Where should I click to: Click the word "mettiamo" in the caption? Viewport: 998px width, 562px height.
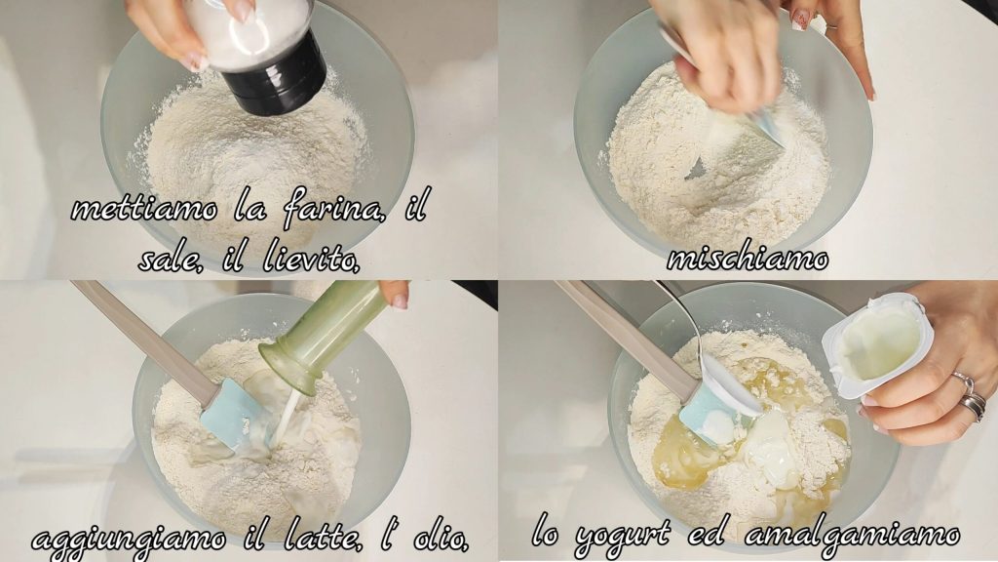pyautogui.click(x=144, y=209)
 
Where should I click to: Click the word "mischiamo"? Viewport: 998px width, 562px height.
pyautogui.click(x=748, y=258)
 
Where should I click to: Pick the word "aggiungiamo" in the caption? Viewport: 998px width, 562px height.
pyautogui.click(x=129, y=540)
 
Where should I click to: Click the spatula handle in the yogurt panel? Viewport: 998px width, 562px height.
pyautogui.click(x=624, y=338)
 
